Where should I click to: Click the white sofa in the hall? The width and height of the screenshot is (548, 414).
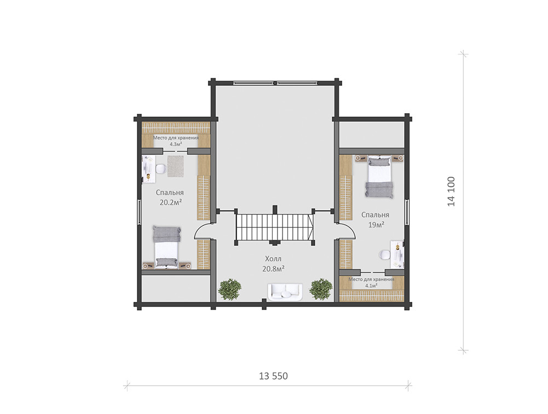[285, 291]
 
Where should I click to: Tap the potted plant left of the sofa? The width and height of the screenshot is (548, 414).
[229, 289]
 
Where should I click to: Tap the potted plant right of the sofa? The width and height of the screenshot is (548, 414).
[321, 289]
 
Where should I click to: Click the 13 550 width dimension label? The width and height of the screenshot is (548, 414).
[273, 376]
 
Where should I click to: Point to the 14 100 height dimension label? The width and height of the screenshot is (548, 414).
[451, 191]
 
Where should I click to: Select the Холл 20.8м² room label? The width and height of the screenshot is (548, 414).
[273, 264]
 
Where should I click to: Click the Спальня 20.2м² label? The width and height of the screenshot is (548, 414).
[170, 197]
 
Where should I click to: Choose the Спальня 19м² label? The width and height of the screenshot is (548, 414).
[376, 219]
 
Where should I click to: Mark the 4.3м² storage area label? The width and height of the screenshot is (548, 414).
[175, 141]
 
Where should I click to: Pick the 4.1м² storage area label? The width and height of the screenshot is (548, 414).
[371, 282]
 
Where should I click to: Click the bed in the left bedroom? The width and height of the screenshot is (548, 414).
[166, 247]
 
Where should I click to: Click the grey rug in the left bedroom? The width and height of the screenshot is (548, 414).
[175, 166]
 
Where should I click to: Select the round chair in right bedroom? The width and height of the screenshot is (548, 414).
[384, 255]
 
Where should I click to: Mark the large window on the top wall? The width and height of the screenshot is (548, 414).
[275, 83]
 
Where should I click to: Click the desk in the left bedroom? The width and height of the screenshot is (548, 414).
[148, 168]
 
